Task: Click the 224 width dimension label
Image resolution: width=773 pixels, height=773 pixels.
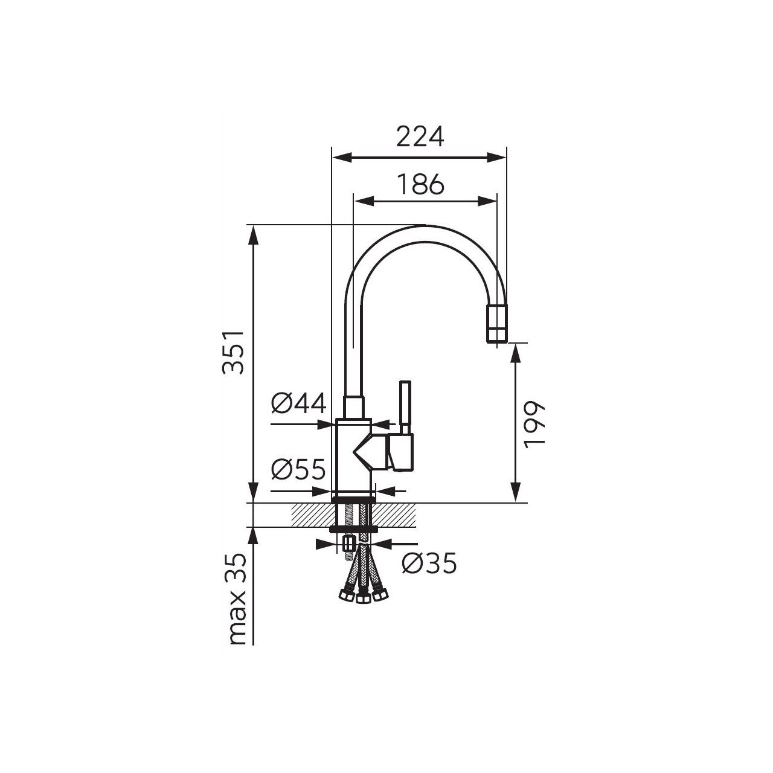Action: (420, 137)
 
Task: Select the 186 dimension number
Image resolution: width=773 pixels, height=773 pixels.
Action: (421, 185)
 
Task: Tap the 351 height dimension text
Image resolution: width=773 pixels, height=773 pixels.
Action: (233, 353)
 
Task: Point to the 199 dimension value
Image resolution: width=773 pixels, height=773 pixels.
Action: (534, 424)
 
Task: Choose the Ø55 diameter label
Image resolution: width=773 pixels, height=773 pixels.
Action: (298, 469)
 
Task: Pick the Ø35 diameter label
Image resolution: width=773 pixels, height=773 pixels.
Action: (429, 563)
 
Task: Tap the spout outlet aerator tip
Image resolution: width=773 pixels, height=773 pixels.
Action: (496, 330)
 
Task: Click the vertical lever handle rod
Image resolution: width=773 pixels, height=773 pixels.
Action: (405, 408)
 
